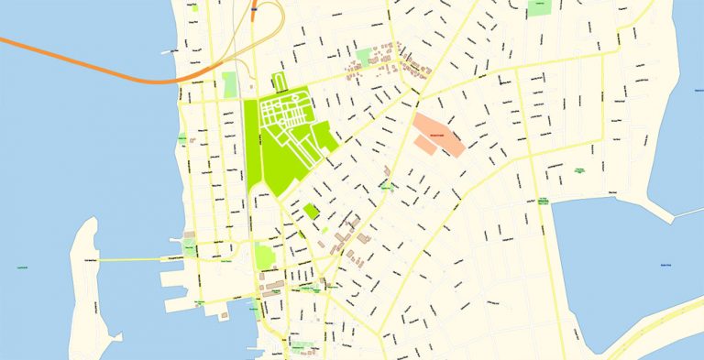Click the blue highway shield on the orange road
(x=253, y=13)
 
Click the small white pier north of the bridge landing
(x=167, y=52)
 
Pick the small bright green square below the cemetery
(x=312, y=212)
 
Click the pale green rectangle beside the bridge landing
(x=229, y=85)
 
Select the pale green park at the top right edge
(x=540, y=7)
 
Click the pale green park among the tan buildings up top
(x=365, y=57)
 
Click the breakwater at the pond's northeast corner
(x=683, y=215)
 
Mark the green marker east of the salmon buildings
(x=579, y=170)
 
